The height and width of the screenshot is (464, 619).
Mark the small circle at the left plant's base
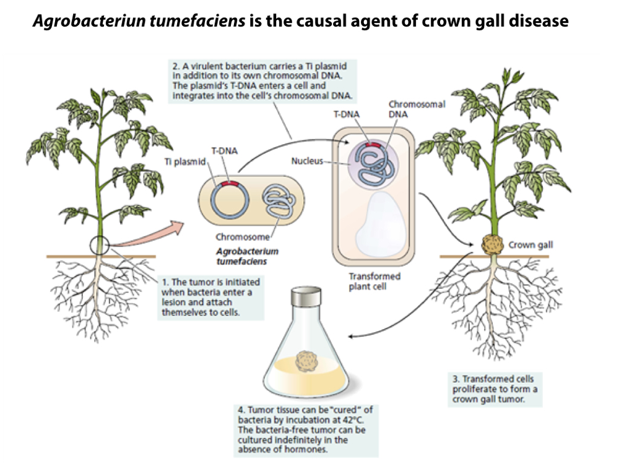point(98,244)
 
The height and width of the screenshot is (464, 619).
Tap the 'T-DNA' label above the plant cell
point(346,114)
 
